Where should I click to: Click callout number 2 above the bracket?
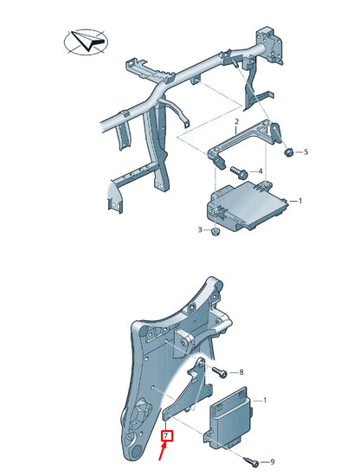235,122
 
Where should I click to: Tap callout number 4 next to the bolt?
260,171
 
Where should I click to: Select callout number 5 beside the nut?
305,153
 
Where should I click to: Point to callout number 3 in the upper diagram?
200,230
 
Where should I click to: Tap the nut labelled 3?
216,232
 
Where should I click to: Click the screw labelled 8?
222,373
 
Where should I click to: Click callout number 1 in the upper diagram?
299,201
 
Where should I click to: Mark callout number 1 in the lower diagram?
265,400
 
